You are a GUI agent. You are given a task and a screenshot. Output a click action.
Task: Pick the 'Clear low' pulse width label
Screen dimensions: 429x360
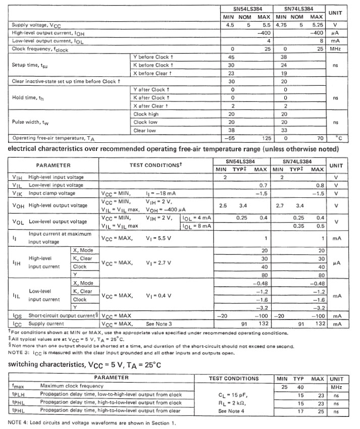[145, 130]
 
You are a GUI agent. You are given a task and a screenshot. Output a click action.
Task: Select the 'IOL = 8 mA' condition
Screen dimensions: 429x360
[196, 226]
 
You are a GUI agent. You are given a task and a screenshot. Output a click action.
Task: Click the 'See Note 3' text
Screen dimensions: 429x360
[159, 323]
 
